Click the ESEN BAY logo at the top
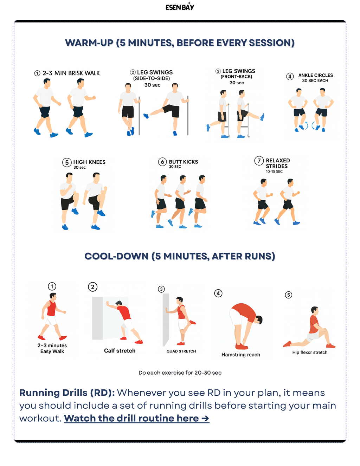(x=180, y=7)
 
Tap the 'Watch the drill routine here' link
(x=136, y=418)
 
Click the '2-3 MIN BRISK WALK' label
(x=71, y=73)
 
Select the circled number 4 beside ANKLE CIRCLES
(x=290, y=76)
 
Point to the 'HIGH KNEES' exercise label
(x=89, y=162)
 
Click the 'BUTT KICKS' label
(x=183, y=162)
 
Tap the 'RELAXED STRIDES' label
(x=277, y=163)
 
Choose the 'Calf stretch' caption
(x=120, y=350)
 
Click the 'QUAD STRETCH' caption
(x=181, y=351)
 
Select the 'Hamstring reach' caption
(x=241, y=355)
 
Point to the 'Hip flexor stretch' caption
(x=310, y=352)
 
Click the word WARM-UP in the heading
(x=89, y=43)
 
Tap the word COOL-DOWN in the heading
(x=116, y=256)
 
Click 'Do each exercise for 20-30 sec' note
(x=180, y=373)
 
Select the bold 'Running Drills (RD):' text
(x=67, y=393)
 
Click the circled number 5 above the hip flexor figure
(x=289, y=295)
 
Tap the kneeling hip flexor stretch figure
(x=311, y=329)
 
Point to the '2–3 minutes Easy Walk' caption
(x=52, y=348)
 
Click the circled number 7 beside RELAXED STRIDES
(x=259, y=161)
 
